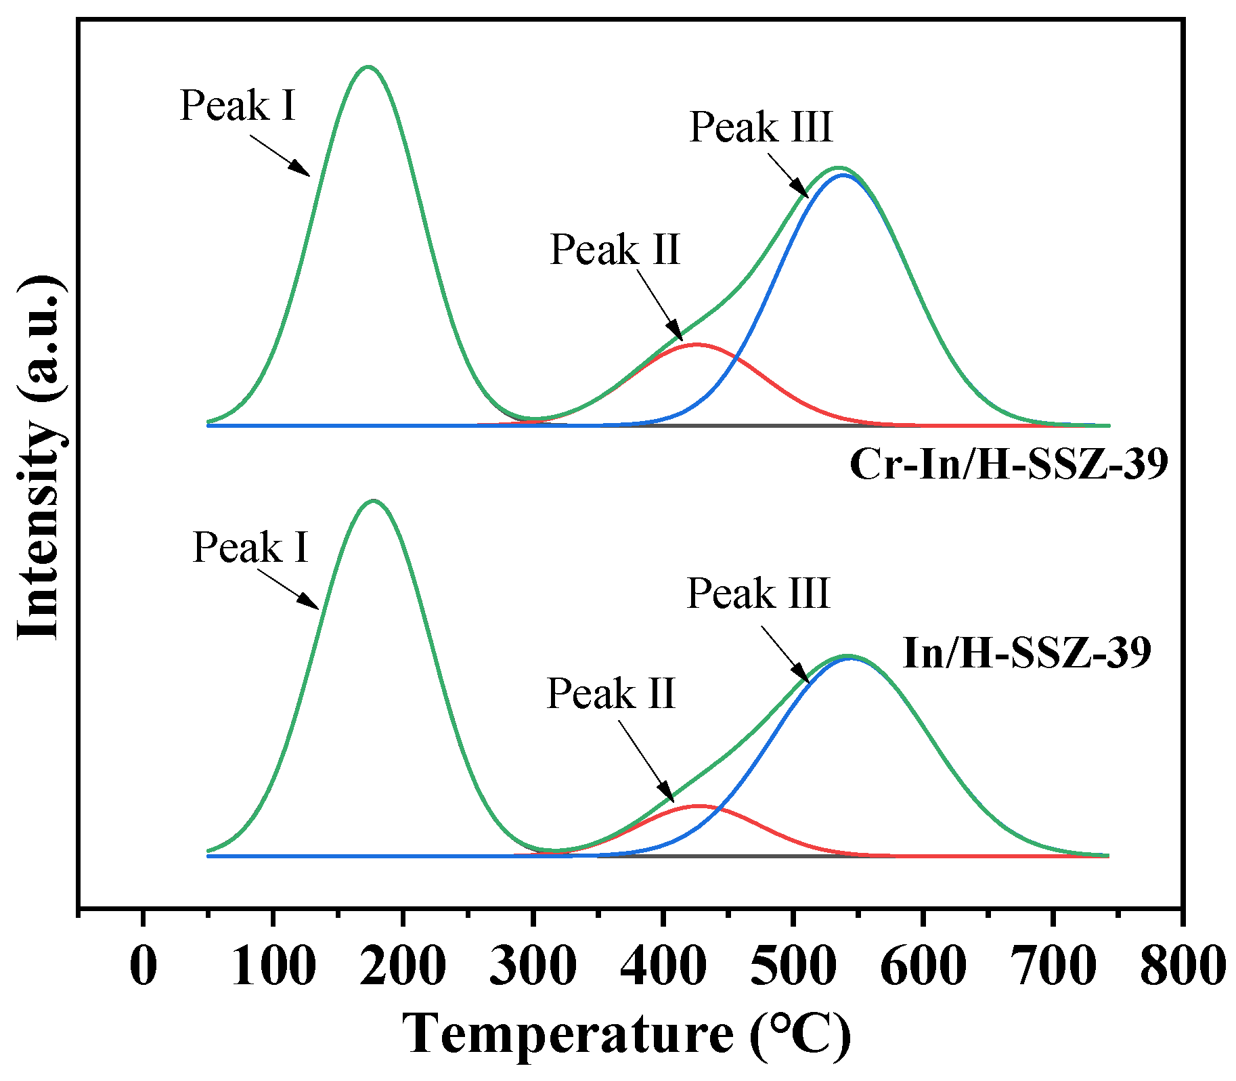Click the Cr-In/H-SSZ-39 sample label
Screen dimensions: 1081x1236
click(1009, 464)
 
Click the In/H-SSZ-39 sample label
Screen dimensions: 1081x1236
click(1027, 653)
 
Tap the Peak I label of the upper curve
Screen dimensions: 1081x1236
click(238, 106)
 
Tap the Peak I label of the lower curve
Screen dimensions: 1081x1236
click(250, 547)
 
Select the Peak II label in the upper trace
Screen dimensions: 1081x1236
click(615, 250)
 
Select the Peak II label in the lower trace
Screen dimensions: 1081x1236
click(611, 694)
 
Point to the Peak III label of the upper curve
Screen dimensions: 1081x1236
click(761, 127)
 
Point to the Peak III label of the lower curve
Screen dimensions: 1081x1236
click(758, 594)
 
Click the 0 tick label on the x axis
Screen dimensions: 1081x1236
click(143, 966)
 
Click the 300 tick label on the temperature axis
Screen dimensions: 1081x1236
click(533, 966)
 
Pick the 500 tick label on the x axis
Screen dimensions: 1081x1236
click(793, 966)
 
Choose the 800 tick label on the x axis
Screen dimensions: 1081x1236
click(1183, 966)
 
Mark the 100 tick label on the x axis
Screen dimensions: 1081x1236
click(273, 966)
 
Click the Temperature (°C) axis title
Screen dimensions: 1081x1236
click(626, 1034)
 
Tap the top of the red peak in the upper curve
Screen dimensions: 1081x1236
click(696, 345)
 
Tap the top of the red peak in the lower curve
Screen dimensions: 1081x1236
click(697, 806)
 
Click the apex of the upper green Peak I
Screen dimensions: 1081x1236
click(368, 67)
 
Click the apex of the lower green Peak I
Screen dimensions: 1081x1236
click(373, 501)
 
